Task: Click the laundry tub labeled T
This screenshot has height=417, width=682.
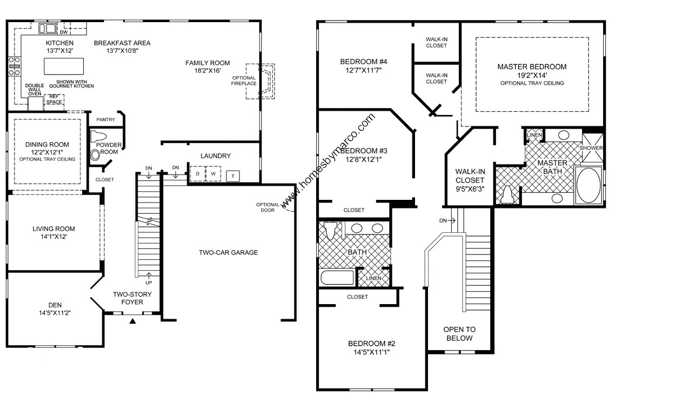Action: pos(233,176)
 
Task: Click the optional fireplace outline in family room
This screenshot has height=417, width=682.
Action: pos(262,81)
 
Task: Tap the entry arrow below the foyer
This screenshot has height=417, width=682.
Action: pos(132,321)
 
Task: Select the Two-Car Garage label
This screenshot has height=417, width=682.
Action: pos(228,252)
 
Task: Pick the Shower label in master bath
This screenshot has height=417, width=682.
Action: pos(591,148)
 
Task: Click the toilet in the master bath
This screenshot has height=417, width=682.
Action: pos(506,195)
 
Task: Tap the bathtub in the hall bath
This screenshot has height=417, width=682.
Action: pos(337,278)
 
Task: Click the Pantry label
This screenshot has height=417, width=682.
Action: pos(105,119)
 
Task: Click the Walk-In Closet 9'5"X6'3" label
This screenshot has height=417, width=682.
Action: pos(470,180)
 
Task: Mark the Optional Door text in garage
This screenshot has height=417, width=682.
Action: pos(268,207)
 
